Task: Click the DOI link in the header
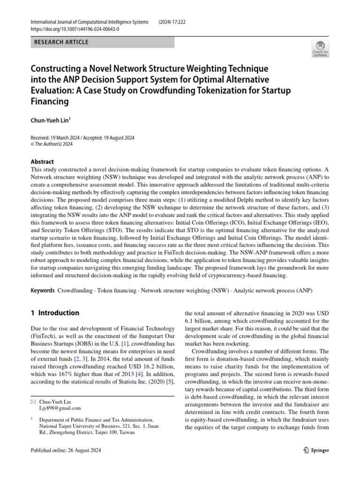click(x=74, y=29)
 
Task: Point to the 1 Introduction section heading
click(x=55, y=313)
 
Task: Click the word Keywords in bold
click(x=43, y=291)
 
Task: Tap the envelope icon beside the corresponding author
click(x=32, y=401)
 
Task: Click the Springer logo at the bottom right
click(x=314, y=450)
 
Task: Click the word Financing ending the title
click(x=50, y=101)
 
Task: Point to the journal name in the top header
click(x=89, y=22)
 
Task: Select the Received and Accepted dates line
click(x=82, y=138)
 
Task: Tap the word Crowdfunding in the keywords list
click(x=75, y=291)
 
